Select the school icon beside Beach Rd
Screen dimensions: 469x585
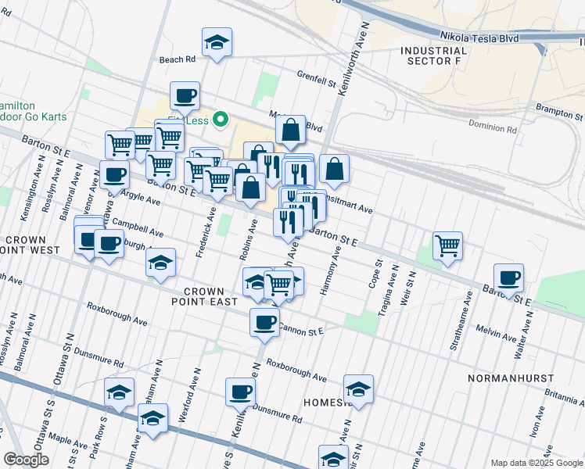click(x=217, y=43)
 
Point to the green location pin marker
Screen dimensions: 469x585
click(x=221, y=120)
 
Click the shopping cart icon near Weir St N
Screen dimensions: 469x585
click(x=447, y=245)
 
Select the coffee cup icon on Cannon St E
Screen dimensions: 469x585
click(x=264, y=322)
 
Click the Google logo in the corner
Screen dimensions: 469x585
click(x=27, y=460)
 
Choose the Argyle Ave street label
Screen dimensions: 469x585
click(x=137, y=201)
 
